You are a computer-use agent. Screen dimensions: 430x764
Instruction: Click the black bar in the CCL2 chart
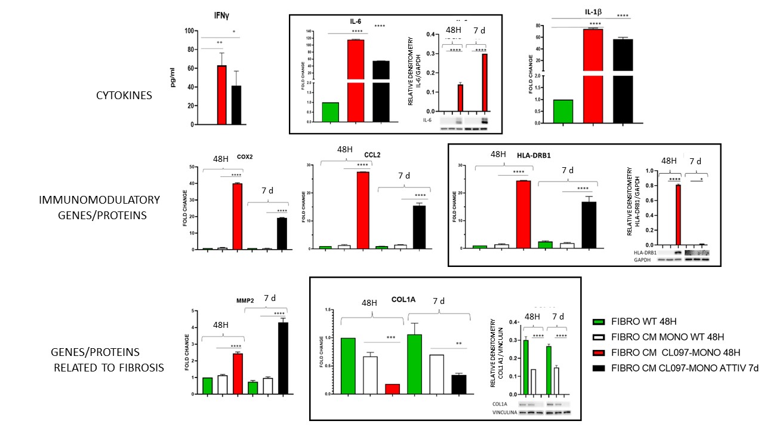419,227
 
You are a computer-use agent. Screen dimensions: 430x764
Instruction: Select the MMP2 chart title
245,300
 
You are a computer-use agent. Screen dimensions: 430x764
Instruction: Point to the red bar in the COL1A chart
393,389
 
